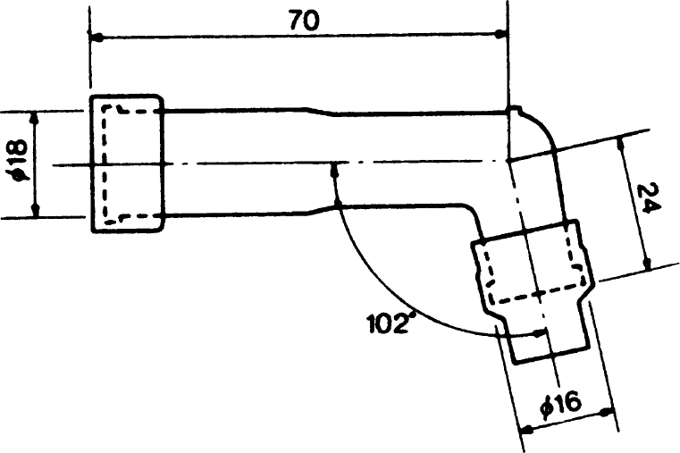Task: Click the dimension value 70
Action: tap(305, 21)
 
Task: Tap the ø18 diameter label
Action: tap(21, 160)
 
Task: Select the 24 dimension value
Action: tap(650, 198)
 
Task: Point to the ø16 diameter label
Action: tap(561, 403)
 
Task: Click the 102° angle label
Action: tap(389, 323)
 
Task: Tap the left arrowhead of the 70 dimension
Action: tap(97, 38)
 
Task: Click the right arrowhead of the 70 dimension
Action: tap(501, 34)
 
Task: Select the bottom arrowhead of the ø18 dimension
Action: tap(36, 209)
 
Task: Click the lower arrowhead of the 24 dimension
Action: tap(647, 263)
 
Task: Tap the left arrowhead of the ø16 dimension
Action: tap(527, 430)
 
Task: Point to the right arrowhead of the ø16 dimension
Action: tap(606, 411)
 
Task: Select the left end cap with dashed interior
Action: tap(128, 163)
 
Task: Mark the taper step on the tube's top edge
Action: tap(322, 112)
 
